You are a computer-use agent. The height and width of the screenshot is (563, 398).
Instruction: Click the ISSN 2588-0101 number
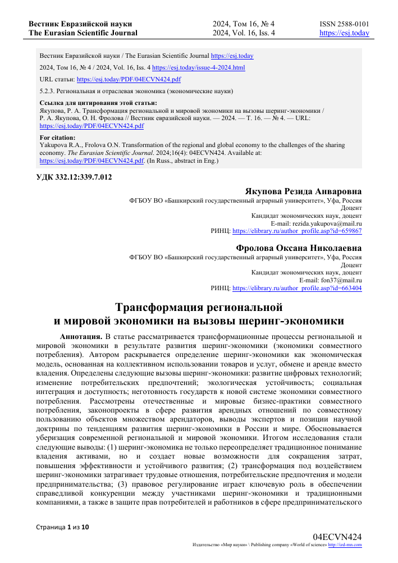click(x=344, y=24)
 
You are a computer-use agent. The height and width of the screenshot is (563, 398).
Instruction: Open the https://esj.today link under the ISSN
click(x=344, y=33)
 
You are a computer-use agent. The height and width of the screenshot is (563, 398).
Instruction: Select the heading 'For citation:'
click(x=57, y=137)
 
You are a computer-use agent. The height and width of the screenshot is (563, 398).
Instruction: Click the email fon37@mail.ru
click(x=331, y=280)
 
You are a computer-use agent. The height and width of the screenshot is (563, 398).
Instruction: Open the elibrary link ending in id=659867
click(x=297, y=231)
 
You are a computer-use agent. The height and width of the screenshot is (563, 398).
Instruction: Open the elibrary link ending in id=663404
click(x=297, y=287)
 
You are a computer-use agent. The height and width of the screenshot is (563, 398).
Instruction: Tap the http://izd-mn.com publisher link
click(x=345, y=544)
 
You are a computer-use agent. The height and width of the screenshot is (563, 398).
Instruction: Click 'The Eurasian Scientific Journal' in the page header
click(x=83, y=33)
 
